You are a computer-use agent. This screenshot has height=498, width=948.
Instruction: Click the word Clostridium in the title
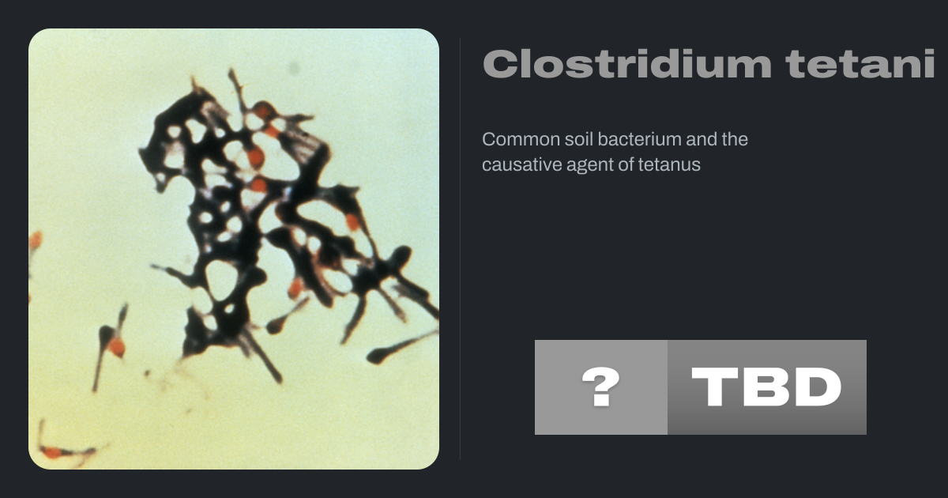point(627,63)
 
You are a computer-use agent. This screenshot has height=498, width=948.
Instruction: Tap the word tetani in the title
point(860,63)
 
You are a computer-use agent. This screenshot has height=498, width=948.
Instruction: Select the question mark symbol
point(601,387)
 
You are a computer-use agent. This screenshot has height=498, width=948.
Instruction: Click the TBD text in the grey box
point(766,387)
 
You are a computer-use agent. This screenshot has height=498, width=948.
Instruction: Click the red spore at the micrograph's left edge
point(36,240)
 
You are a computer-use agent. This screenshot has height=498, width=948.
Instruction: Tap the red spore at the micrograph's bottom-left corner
point(52,452)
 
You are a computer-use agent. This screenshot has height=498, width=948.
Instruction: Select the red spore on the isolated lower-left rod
point(116,347)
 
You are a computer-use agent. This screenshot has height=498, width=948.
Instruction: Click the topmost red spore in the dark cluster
point(263,110)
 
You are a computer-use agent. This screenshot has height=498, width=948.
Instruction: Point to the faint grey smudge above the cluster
point(294,67)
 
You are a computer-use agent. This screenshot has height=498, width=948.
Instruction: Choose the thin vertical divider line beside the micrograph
point(460,249)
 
